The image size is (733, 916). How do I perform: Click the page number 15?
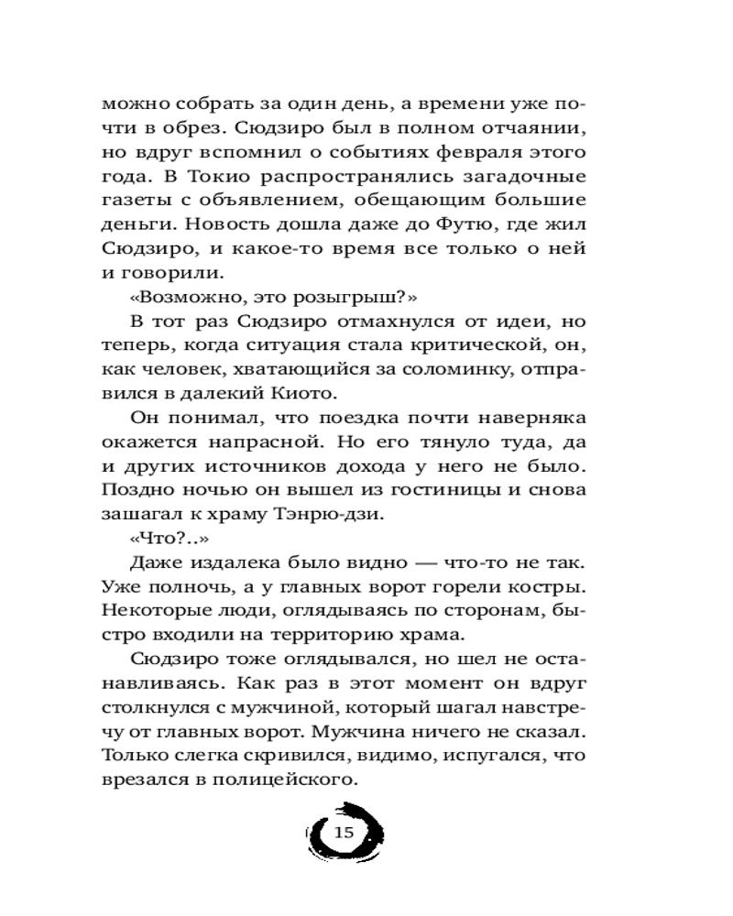(x=344, y=833)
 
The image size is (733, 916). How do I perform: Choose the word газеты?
(x=138, y=200)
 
